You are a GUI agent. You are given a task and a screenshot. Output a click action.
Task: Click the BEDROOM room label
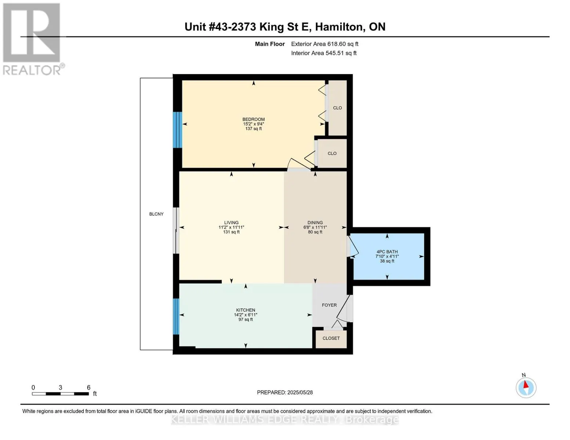253,119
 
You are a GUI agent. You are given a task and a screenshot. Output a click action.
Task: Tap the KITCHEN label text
246,310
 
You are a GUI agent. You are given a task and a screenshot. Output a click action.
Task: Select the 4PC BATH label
387,252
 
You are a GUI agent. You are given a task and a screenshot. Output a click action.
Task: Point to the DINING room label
315,223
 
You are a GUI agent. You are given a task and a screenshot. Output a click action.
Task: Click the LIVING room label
231,223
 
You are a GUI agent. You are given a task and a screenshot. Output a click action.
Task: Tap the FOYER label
329,305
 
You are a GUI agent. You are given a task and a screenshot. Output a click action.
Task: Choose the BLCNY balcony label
156,214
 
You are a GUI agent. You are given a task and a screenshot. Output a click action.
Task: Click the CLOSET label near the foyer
331,338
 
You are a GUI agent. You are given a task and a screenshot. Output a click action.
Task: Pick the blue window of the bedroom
177,130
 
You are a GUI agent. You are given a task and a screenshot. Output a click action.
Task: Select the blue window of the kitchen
176,316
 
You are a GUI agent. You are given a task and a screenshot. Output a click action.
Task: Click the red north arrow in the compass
526,385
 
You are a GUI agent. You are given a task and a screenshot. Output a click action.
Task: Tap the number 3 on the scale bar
60,388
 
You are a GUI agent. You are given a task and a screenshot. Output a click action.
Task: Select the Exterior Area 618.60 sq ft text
324,44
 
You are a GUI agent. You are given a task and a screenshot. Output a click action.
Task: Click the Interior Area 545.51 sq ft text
324,53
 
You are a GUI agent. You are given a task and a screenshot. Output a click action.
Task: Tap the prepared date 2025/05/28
300,392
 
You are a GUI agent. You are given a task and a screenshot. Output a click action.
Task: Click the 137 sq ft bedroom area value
253,129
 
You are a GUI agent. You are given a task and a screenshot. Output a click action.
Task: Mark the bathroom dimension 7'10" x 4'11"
387,256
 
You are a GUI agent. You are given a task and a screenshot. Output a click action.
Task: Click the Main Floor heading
270,44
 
